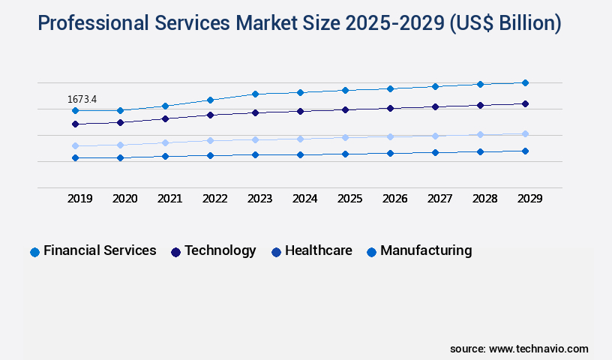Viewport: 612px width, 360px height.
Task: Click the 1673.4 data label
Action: click(x=82, y=99)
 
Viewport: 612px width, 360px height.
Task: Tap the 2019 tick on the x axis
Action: click(x=80, y=199)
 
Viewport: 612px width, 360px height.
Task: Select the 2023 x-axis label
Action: click(x=260, y=199)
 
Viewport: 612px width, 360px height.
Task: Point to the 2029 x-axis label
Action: click(x=529, y=199)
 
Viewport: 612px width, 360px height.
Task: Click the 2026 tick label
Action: click(x=394, y=199)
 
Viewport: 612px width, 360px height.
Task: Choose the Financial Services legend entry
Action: click(x=93, y=251)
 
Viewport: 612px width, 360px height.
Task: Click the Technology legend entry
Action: click(x=214, y=251)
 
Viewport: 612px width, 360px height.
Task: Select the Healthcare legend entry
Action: click(x=311, y=251)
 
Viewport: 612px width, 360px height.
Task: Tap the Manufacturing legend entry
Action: click(x=419, y=251)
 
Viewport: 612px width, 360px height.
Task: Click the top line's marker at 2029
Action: click(x=525, y=82)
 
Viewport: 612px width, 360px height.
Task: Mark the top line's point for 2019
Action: click(x=75, y=110)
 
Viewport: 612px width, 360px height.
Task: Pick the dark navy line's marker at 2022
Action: click(x=210, y=115)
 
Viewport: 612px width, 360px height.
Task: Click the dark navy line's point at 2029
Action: click(x=525, y=103)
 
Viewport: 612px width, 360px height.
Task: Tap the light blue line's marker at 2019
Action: click(x=75, y=145)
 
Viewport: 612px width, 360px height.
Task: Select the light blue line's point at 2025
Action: click(x=345, y=137)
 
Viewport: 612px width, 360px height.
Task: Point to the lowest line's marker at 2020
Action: click(x=120, y=157)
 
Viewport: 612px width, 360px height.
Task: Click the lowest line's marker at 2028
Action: click(x=480, y=151)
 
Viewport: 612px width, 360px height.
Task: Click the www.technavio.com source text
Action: click(x=538, y=349)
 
